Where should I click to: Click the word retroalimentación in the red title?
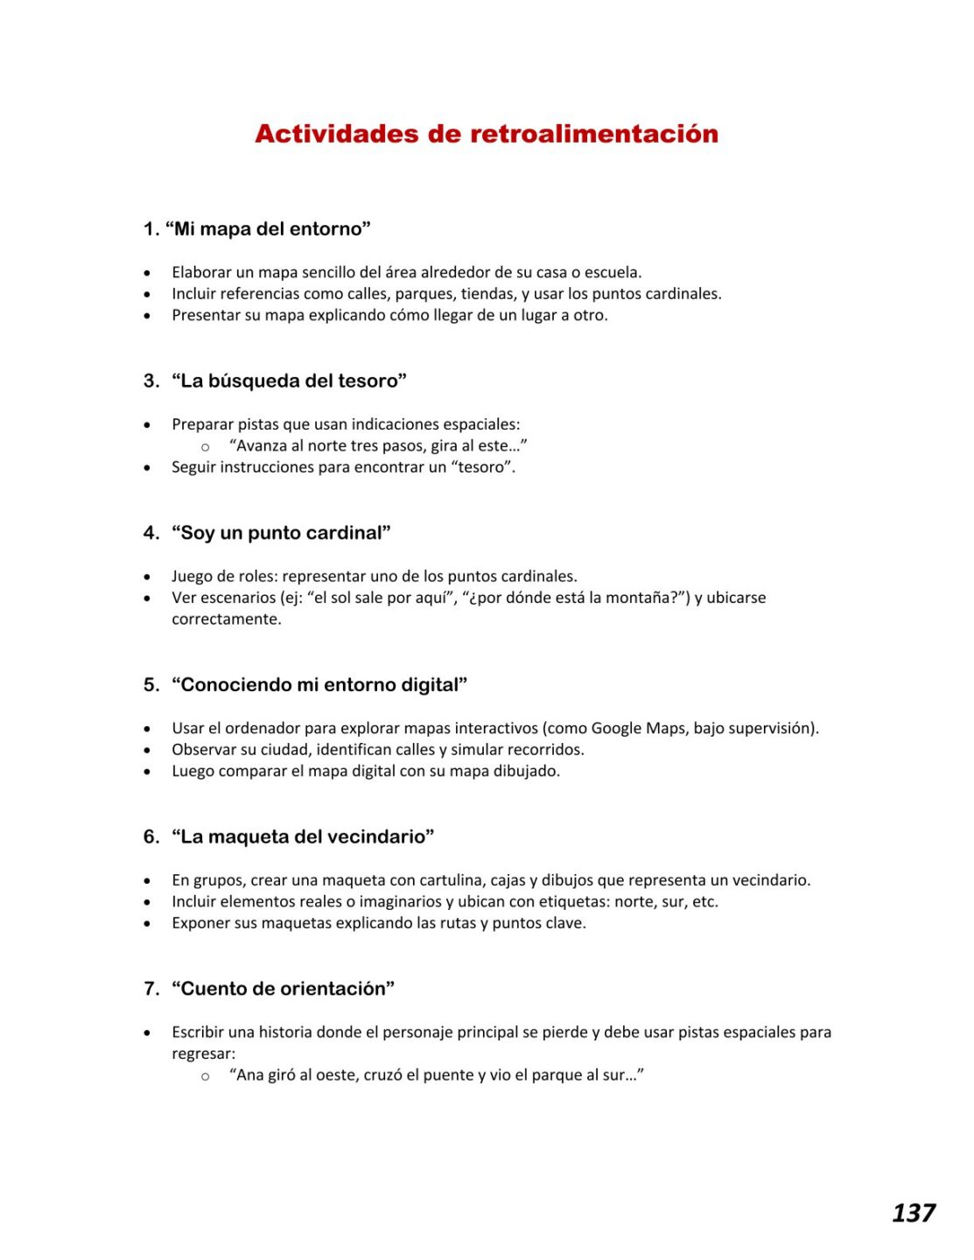[594, 134]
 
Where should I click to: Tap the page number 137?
[913, 1213]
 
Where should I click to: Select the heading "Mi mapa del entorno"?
[268, 229]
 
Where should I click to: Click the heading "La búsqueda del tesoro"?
[289, 381]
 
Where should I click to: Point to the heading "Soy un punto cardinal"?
[281, 534]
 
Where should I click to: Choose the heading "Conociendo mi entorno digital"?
[319, 685]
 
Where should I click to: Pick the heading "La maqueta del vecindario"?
[303, 837]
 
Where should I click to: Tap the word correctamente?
[226, 619]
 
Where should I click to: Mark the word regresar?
[202, 1053]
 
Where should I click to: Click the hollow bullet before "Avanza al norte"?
[206, 447]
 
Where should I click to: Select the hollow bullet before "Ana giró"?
[206, 1076]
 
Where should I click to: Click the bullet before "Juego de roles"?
[147, 577]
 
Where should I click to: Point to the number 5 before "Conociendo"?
[150, 685]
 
